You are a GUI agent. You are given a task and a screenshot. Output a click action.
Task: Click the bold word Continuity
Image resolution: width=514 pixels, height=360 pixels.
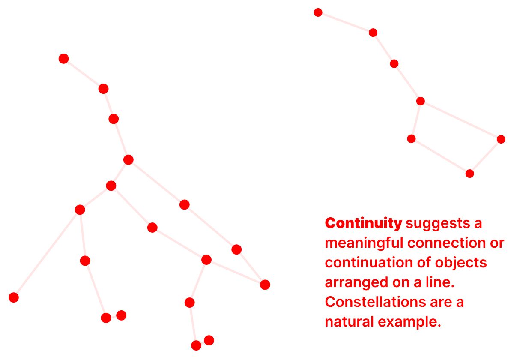[363, 223]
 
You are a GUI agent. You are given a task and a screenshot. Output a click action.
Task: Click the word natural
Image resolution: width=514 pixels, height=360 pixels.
[350, 322]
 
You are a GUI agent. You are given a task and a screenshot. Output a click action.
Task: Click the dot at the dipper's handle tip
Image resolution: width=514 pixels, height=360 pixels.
[318, 12]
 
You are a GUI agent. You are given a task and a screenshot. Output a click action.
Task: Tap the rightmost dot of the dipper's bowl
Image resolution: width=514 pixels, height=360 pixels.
[501, 139]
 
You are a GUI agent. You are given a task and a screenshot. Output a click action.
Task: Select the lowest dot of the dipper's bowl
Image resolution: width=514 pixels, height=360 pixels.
[470, 174]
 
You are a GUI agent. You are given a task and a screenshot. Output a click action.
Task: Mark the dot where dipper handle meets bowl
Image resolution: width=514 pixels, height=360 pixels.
[421, 101]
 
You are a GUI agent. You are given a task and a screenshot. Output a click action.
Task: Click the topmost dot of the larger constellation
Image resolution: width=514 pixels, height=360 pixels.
[63, 59]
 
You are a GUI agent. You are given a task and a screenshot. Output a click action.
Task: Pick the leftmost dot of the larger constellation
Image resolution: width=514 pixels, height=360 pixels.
[14, 297]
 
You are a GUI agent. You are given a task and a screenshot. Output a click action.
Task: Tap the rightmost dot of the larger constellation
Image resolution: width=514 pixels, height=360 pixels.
[265, 285]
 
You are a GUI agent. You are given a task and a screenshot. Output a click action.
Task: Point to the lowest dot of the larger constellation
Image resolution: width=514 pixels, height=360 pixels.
[196, 345]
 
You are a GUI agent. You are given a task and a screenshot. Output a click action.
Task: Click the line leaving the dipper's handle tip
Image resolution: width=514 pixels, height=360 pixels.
[346, 22]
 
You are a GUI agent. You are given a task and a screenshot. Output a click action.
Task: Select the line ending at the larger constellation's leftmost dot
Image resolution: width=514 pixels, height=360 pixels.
[47, 253]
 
